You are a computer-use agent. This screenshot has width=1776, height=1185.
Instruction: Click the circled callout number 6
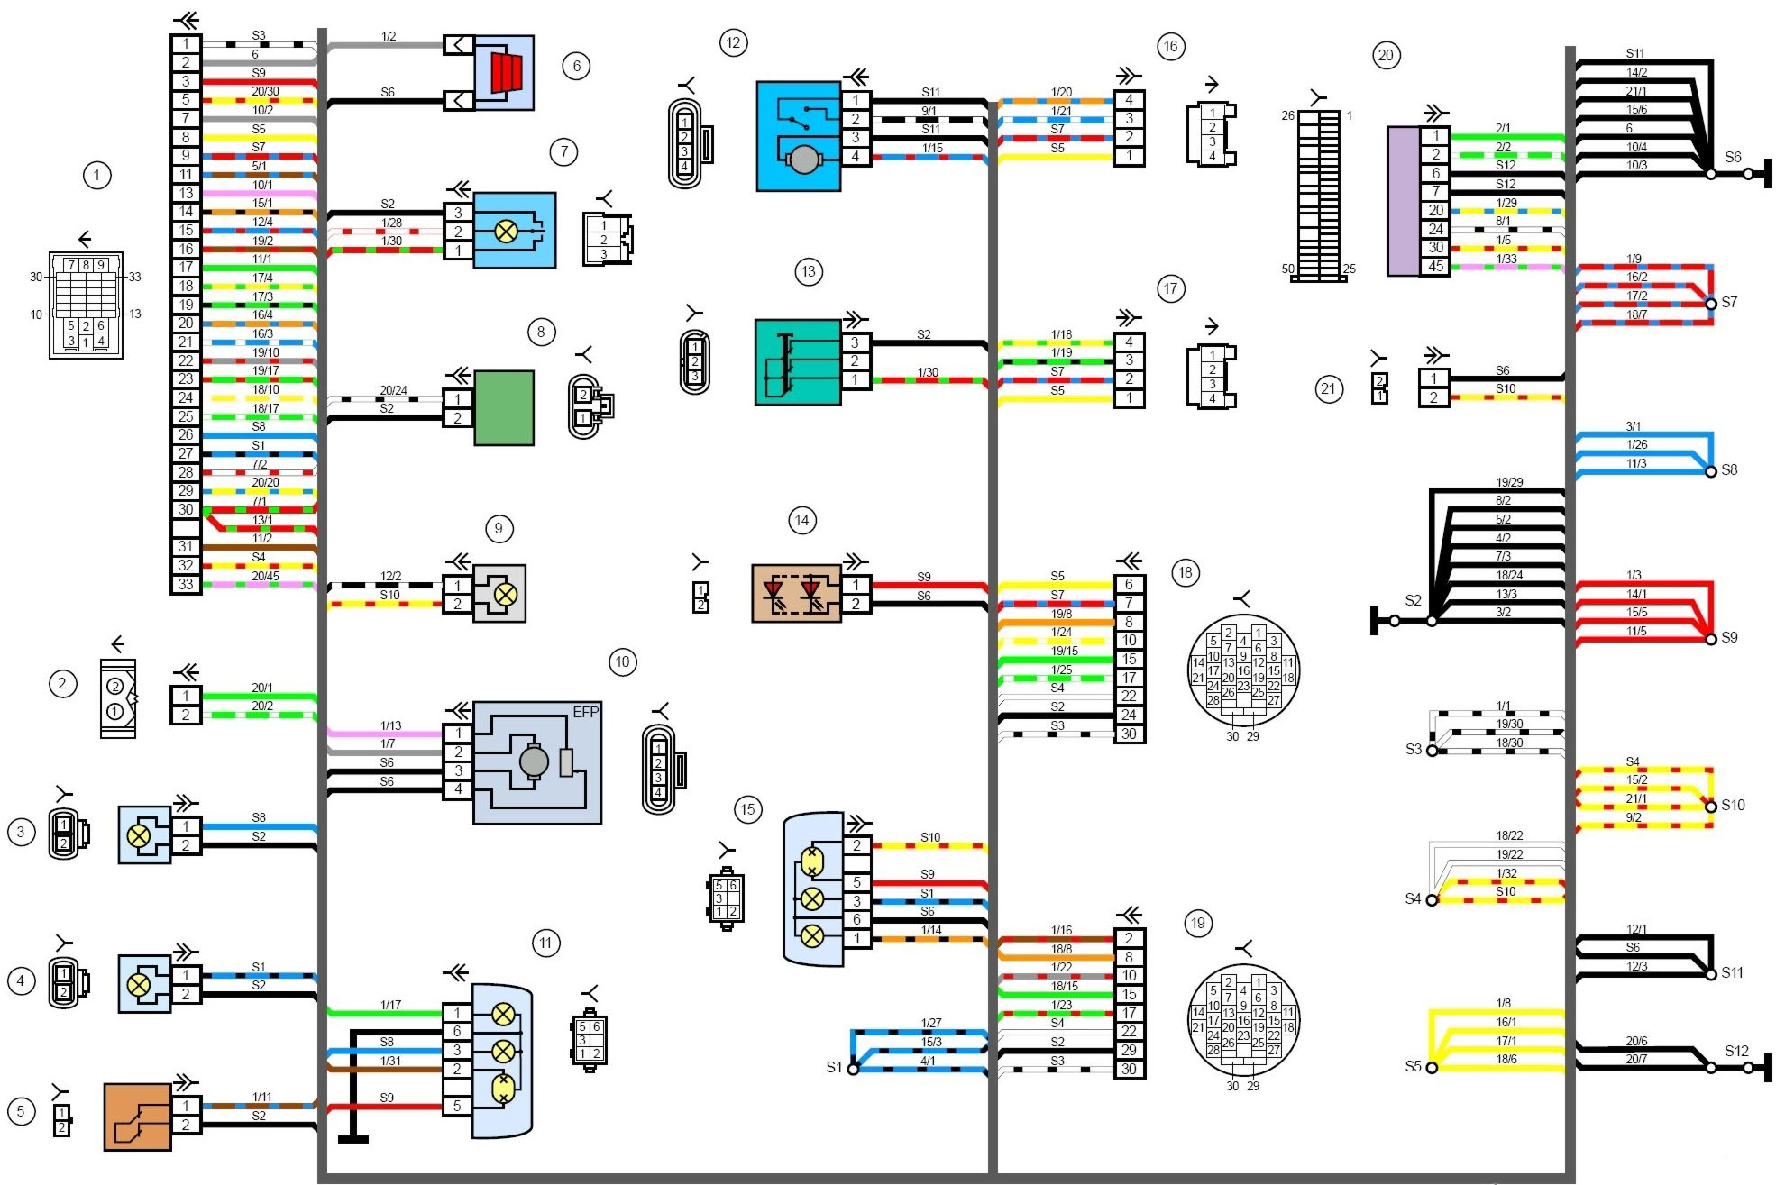click(x=576, y=66)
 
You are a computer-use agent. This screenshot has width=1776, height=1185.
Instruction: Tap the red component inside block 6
click(x=507, y=72)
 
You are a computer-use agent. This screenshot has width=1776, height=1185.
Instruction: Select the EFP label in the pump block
click(x=586, y=712)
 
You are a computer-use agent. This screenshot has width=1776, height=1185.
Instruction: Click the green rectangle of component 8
click(x=504, y=407)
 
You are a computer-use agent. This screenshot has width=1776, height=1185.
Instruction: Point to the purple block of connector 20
click(x=1403, y=201)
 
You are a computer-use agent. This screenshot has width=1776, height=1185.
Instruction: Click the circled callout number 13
click(x=808, y=272)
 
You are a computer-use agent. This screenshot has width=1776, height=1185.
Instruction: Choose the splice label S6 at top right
click(x=1733, y=157)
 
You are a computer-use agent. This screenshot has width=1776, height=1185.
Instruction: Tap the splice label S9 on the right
click(x=1729, y=637)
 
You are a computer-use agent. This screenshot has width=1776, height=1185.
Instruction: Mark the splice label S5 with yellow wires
click(x=1413, y=1066)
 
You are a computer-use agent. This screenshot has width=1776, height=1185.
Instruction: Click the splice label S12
click(x=1736, y=1051)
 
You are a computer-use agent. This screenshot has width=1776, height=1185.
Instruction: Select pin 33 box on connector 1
click(x=186, y=584)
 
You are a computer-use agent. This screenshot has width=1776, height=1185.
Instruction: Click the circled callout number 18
click(x=1185, y=572)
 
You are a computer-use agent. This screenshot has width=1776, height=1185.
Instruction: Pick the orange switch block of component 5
click(x=137, y=1117)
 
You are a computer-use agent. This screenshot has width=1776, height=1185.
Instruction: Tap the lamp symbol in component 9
click(x=506, y=594)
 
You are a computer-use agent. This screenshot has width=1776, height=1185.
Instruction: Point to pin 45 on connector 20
click(x=1435, y=266)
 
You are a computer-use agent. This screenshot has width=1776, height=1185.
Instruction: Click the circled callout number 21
click(x=1328, y=389)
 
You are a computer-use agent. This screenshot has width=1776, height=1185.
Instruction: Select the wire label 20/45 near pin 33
click(x=265, y=576)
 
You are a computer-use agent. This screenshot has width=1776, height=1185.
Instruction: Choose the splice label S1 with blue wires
click(x=834, y=1067)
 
